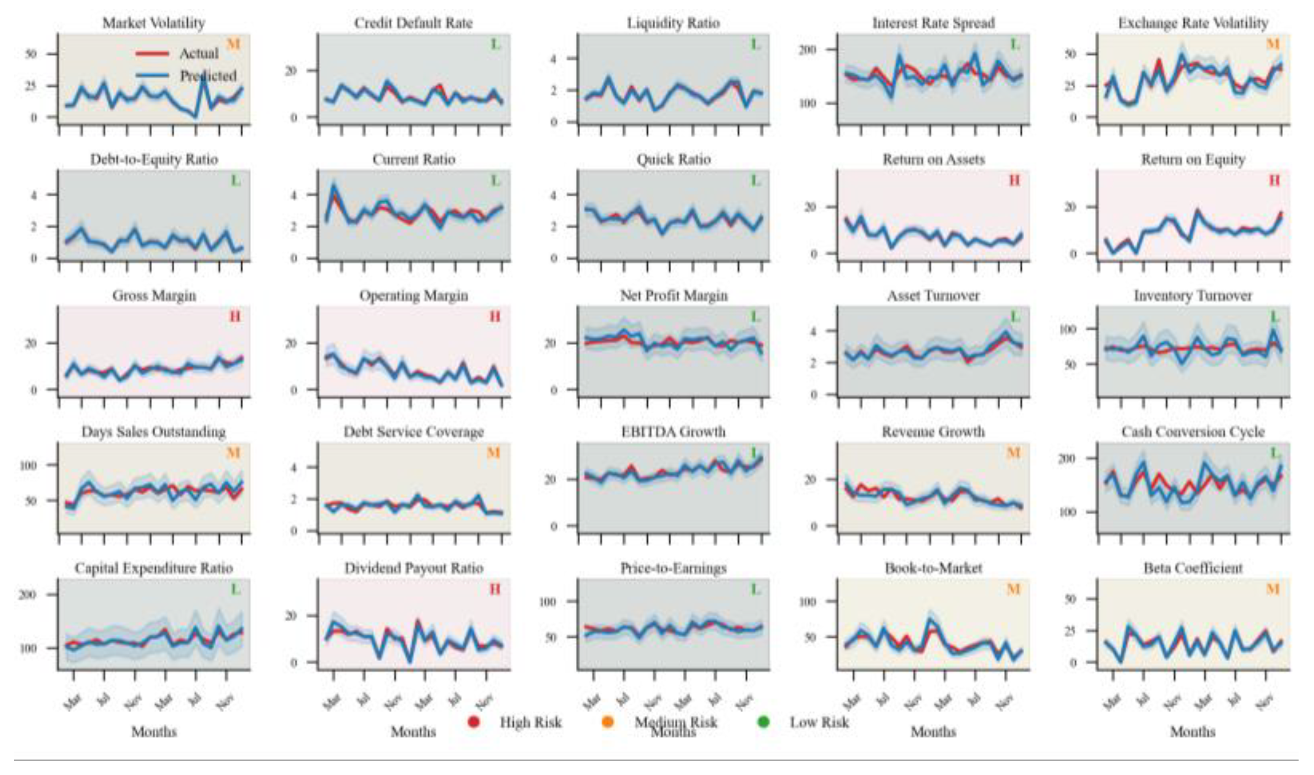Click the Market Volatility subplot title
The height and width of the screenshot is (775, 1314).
tap(153, 23)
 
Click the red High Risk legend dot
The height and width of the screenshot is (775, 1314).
tap(473, 722)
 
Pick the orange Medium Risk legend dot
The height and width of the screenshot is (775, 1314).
tap(607, 722)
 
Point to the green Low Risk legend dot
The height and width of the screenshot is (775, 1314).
tap(763, 722)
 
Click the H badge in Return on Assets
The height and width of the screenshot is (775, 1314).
tap(1014, 181)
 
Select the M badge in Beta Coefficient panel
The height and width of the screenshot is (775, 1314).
tap(1273, 589)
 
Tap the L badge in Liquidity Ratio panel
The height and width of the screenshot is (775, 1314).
tap(755, 45)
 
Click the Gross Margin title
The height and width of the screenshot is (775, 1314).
tap(154, 295)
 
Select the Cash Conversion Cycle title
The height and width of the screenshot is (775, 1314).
tap(1193, 431)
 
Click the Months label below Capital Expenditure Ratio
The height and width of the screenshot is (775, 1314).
tap(154, 731)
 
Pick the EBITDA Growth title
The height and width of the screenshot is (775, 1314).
tap(673, 431)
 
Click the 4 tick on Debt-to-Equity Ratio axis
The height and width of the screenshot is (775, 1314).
tap(34, 195)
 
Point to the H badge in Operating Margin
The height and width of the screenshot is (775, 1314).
tap(495, 317)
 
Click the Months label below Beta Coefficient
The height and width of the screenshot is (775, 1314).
tap(1193, 731)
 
